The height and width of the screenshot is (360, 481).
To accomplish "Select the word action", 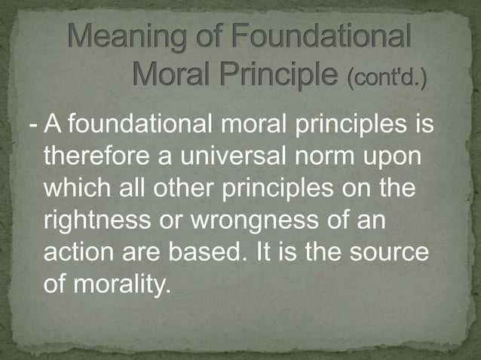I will (79, 254).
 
